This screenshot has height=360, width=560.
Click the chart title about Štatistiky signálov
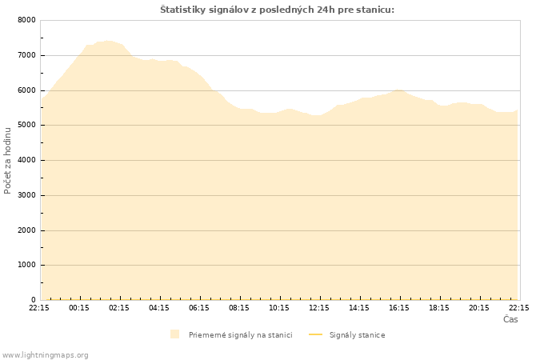277,10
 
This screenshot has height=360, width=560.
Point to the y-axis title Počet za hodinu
8,160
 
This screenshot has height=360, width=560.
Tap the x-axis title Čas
510,319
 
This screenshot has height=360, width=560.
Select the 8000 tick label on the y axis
26,20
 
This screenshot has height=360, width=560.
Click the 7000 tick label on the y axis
26,55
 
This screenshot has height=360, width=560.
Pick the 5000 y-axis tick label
26,126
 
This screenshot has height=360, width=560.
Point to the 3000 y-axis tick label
26,195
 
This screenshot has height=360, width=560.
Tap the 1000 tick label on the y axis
26,265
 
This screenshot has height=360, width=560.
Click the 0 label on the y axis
33,300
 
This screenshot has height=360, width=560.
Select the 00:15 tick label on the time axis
79,307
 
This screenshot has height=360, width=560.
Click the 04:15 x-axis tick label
159,307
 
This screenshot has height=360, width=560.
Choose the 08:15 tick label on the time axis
239,307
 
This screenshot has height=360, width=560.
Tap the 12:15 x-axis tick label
319,307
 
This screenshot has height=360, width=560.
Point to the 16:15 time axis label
399,307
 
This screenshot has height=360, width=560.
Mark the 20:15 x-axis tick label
479,307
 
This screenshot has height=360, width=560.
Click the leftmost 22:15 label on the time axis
39,307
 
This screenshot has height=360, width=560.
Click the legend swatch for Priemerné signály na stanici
174,334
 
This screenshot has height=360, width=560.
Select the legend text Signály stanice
357,334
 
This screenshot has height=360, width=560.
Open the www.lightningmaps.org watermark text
45,354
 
